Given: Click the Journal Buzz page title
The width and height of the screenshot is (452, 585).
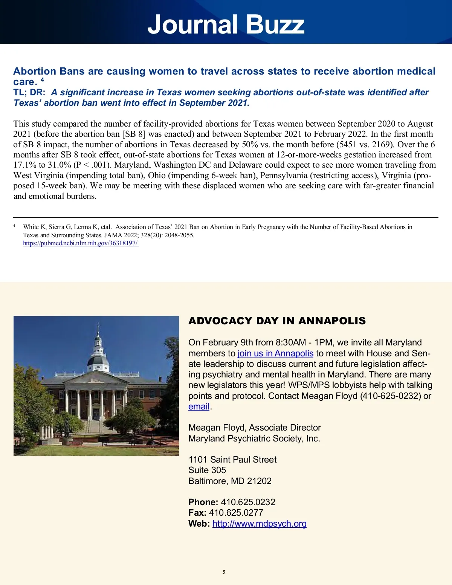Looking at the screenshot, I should pos(226,24).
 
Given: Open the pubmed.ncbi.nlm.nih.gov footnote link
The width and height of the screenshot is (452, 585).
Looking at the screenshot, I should pos(81,243).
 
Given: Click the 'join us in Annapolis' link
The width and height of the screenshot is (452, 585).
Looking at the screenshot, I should pos(275,353).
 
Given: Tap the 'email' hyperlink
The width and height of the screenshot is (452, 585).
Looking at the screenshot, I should pos(199,407).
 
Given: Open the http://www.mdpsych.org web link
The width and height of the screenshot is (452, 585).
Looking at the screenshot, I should pos(259,524).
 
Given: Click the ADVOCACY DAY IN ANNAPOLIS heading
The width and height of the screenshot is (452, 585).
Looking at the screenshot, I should pos(277,321).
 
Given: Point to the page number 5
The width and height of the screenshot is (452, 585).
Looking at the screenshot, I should pos(224,572).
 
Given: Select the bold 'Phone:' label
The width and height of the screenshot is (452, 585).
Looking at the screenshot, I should pos(203,502).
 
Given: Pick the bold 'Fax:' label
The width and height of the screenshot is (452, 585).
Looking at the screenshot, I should pos(197,513).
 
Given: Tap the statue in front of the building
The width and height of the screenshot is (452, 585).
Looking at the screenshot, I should pos(67,428).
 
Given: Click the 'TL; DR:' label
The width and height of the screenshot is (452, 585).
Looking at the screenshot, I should pos(29,93).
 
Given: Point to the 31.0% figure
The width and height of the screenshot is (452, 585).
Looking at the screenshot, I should pos(60,165).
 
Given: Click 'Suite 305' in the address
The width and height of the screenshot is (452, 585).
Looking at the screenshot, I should pos(207,470).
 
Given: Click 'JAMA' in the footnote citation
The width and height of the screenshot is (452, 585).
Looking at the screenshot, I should pos(113,235).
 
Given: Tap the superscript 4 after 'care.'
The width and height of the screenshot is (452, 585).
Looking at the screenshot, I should pos(43,80).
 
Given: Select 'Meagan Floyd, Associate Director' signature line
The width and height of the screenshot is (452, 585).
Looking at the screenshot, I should pos(255,428).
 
